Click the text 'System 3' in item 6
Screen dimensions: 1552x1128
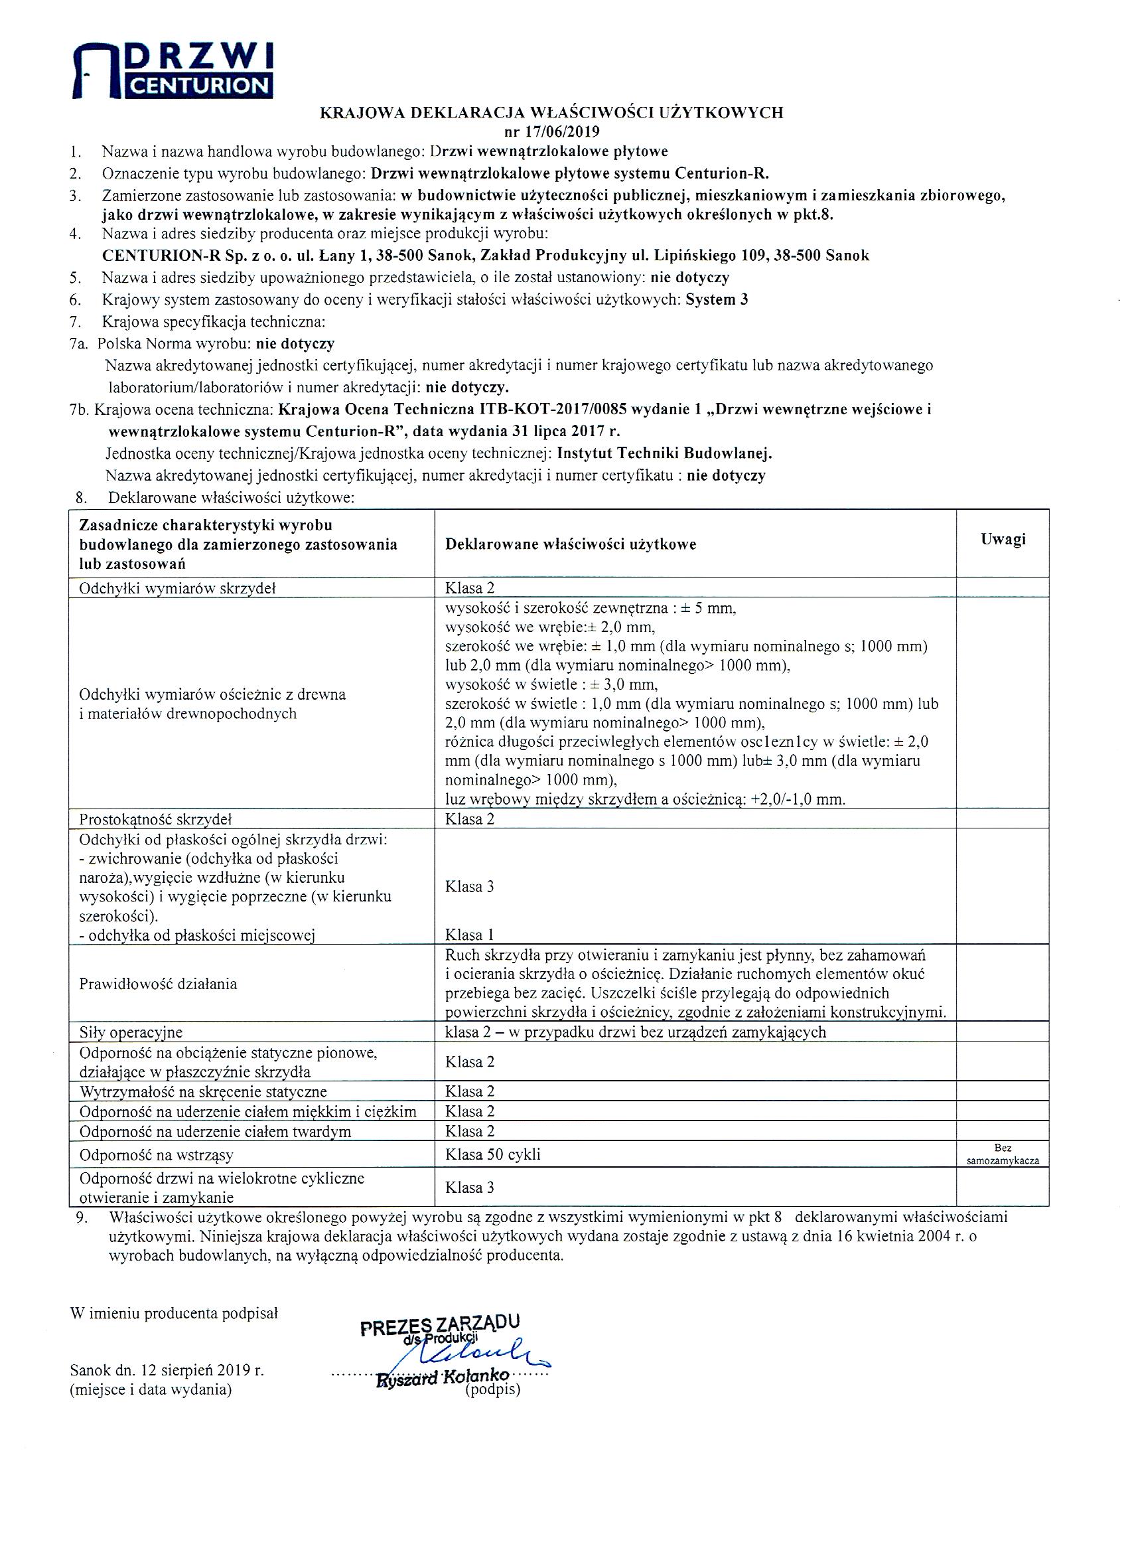click(716, 300)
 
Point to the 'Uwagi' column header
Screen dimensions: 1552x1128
click(1002, 539)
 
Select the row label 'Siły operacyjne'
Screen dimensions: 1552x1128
click(131, 1032)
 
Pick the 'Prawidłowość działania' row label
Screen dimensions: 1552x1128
click(158, 984)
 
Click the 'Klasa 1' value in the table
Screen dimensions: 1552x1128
click(469, 935)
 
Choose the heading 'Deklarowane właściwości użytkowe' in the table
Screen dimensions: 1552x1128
click(571, 545)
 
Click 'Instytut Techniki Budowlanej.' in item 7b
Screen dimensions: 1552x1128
click(664, 453)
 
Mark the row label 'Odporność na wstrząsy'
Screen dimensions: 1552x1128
click(157, 1155)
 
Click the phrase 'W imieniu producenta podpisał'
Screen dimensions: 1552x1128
click(174, 1313)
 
